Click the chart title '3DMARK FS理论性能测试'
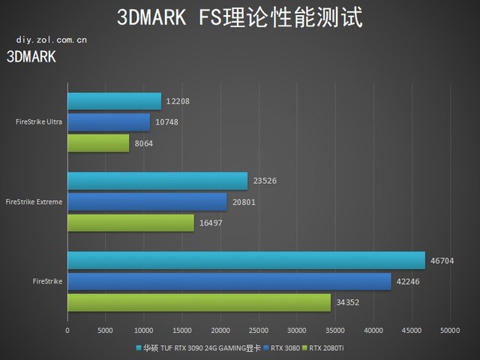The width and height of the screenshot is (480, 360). (x=239, y=18)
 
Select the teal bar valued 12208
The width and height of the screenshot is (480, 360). (x=114, y=101)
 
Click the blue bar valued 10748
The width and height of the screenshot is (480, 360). (x=109, y=122)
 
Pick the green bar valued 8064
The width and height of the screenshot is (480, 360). (x=98, y=142)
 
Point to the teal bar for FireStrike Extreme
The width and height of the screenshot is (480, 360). (x=157, y=181)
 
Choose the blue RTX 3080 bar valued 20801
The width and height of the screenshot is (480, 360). (x=147, y=202)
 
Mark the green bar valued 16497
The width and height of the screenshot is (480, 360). (x=130, y=222)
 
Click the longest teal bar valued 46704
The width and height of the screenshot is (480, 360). (x=246, y=261)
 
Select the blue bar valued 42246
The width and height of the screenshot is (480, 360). (x=229, y=281)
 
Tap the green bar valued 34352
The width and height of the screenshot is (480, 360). (x=199, y=302)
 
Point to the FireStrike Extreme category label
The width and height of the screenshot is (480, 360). (x=34, y=202)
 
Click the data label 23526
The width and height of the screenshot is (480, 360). (x=265, y=181)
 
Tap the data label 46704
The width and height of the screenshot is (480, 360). (x=442, y=261)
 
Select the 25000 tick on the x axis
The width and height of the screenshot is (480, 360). (x=259, y=329)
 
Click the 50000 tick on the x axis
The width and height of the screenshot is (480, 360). (x=450, y=329)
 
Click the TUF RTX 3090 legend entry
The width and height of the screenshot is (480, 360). (x=199, y=348)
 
